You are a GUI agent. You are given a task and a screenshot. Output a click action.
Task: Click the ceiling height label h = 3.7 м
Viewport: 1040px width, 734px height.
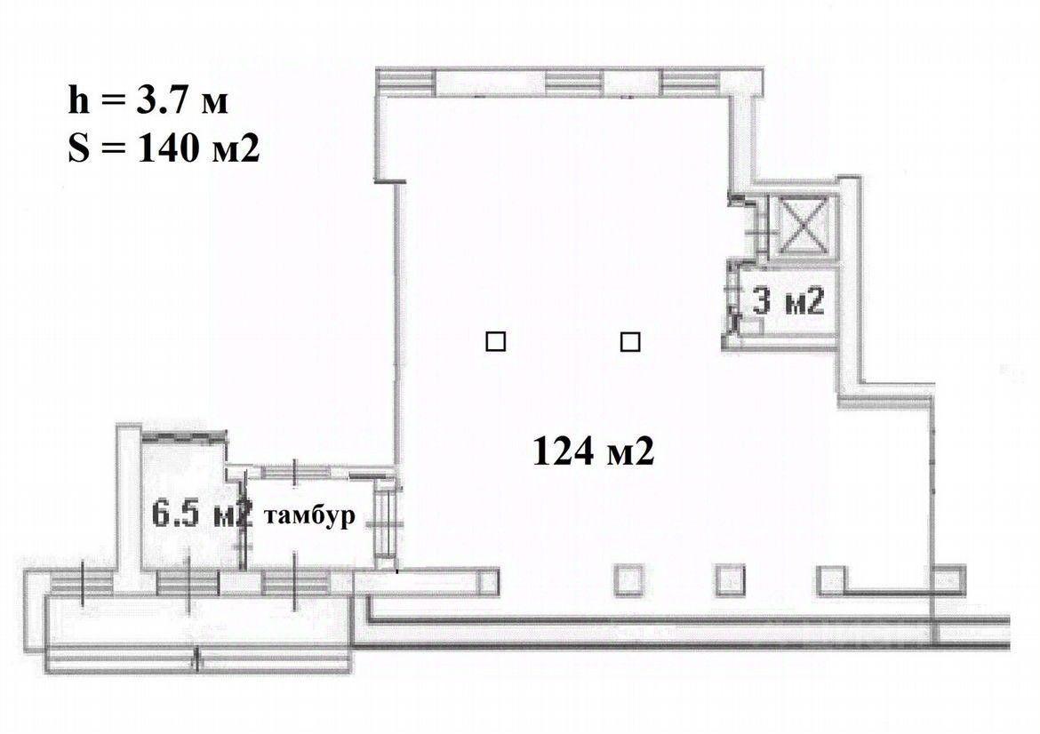point(148,101)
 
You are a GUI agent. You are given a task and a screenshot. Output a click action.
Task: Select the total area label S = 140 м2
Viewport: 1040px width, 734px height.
point(164,148)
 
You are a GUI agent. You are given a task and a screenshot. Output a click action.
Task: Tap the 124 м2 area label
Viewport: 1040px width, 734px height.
point(594,452)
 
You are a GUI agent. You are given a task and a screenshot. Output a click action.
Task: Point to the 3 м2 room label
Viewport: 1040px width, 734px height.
point(788,302)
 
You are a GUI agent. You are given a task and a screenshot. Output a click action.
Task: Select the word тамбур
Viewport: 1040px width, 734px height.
point(309,516)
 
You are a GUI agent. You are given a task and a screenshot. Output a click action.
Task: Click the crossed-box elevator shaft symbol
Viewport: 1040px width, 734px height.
point(804,225)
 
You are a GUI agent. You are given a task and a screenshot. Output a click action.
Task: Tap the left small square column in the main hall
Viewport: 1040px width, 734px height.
point(495,341)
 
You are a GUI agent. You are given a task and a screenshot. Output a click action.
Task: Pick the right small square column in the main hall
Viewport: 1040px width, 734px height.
point(630,341)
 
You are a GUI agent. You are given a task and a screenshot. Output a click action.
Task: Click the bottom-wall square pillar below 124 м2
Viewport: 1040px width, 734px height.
point(629,580)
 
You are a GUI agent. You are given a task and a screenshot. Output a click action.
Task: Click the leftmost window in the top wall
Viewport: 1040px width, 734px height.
point(406,83)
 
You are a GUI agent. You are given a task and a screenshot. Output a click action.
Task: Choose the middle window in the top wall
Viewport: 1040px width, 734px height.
point(574,83)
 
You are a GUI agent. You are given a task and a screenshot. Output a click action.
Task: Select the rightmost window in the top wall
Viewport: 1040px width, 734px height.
point(690,83)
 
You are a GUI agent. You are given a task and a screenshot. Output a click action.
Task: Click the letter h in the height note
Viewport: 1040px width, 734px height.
point(78,101)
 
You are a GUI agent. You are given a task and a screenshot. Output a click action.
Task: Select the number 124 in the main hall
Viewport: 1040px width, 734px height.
point(563,452)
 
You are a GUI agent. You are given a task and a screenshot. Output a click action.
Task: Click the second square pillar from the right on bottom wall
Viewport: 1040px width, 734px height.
point(830,580)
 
